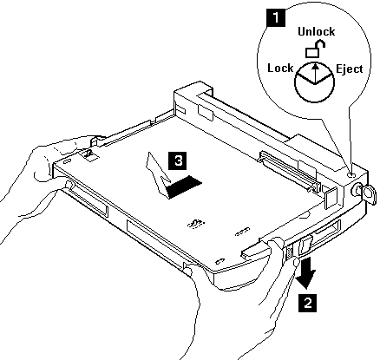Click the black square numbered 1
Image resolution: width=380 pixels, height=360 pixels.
point(276,17)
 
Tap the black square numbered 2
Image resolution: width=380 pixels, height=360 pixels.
point(308,304)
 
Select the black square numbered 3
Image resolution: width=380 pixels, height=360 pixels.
point(178,160)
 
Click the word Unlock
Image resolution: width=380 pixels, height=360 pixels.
point(317,31)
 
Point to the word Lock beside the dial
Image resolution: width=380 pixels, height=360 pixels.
point(280,69)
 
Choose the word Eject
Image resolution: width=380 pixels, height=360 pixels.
point(349,69)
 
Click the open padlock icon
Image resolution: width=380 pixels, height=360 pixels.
point(315,49)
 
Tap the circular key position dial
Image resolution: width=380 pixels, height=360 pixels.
point(315,82)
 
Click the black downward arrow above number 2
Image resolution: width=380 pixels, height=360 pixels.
point(306,272)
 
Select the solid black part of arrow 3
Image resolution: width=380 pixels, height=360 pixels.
point(184,187)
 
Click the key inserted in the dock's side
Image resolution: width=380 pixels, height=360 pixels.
point(365,192)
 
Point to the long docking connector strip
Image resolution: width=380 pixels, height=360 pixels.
point(290,171)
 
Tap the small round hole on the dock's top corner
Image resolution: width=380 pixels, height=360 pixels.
point(351,174)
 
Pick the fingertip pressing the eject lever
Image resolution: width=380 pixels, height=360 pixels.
point(296,263)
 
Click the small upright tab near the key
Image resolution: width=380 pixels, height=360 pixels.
point(331,198)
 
